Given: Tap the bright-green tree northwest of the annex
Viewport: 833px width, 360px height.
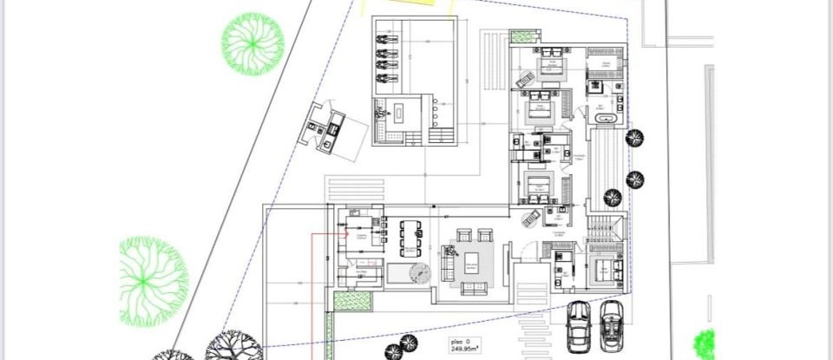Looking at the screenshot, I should tap(253, 43).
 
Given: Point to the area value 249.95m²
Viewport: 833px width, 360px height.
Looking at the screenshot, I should tap(465, 351).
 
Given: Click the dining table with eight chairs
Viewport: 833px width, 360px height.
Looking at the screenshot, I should tap(410, 235).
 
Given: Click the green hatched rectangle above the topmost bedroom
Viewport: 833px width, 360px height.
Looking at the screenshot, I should tap(523, 37).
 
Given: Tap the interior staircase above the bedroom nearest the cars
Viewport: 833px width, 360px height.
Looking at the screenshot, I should tap(604, 231).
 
